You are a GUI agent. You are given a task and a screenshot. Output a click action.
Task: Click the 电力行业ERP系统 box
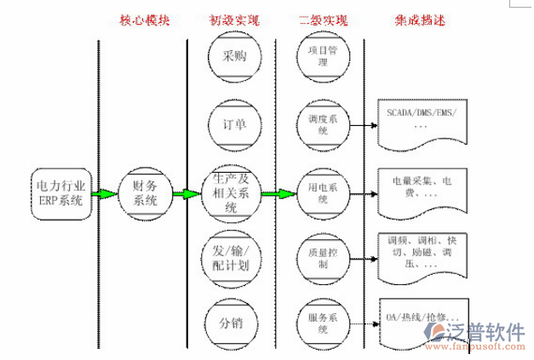pos(60,193)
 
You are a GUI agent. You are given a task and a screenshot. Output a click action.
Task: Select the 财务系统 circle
pos(141,193)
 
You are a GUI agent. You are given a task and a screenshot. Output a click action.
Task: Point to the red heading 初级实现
pos(233,19)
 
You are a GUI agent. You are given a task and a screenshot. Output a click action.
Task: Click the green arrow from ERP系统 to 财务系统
pos(104,194)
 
